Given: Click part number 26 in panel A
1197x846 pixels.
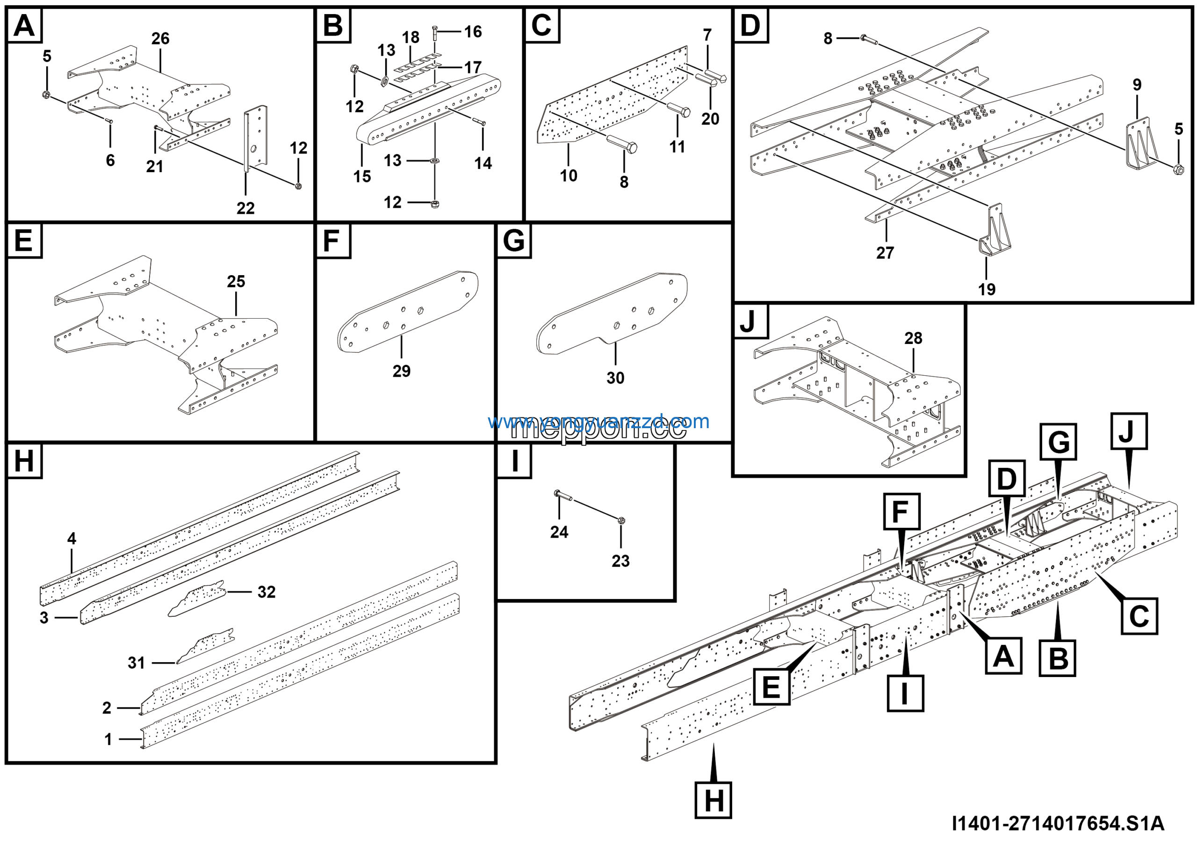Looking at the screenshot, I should pyautogui.click(x=160, y=38).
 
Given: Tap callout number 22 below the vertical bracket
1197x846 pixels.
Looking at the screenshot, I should pyautogui.click(x=245, y=209).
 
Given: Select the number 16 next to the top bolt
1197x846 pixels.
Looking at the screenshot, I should pyautogui.click(x=473, y=32).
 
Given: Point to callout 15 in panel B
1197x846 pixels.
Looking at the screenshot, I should pyautogui.click(x=362, y=177).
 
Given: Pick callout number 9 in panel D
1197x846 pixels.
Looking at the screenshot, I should pyautogui.click(x=1137, y=85).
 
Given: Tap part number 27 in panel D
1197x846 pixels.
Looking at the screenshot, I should pyautogui.click(x=885, y=253).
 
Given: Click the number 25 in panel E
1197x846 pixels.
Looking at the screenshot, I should pyautogui.click(x=236, y=282).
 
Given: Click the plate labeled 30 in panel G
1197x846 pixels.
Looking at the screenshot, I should pyautogui.click(x=610, y=313).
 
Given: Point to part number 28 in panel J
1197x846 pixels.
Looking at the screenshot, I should pyautogui.click(x=913, y=338).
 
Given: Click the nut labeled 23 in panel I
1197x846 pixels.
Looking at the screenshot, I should pyautogui.click(x=621, y=520).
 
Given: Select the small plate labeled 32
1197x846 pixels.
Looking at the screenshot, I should pyautogui.click(x=197, y=599).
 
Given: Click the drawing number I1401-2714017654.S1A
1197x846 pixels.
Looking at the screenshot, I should pyautogui.click(x=1058, y=824).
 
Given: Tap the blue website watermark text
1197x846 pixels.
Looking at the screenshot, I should pyautogui.click(x=598, y=422).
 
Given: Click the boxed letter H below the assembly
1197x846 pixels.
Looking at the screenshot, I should pyautogui.click(x=713, y=800).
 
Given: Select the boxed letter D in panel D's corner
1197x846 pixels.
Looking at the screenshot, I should pyautogui.click(x=750, y=25).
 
